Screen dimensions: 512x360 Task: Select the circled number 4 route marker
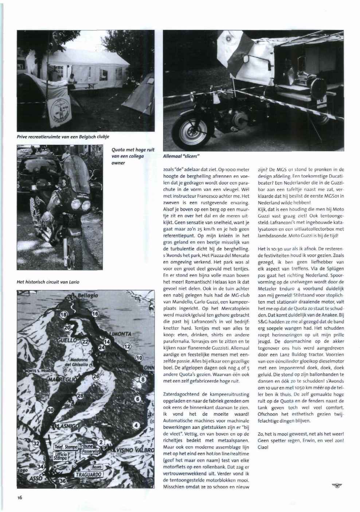click(136, 424)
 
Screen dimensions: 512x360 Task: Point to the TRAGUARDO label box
click(88, 474)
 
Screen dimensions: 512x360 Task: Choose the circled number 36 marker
click(63, 481)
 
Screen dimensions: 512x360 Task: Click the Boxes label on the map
click(97, 467)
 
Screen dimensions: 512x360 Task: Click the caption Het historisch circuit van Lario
click(48, 282)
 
